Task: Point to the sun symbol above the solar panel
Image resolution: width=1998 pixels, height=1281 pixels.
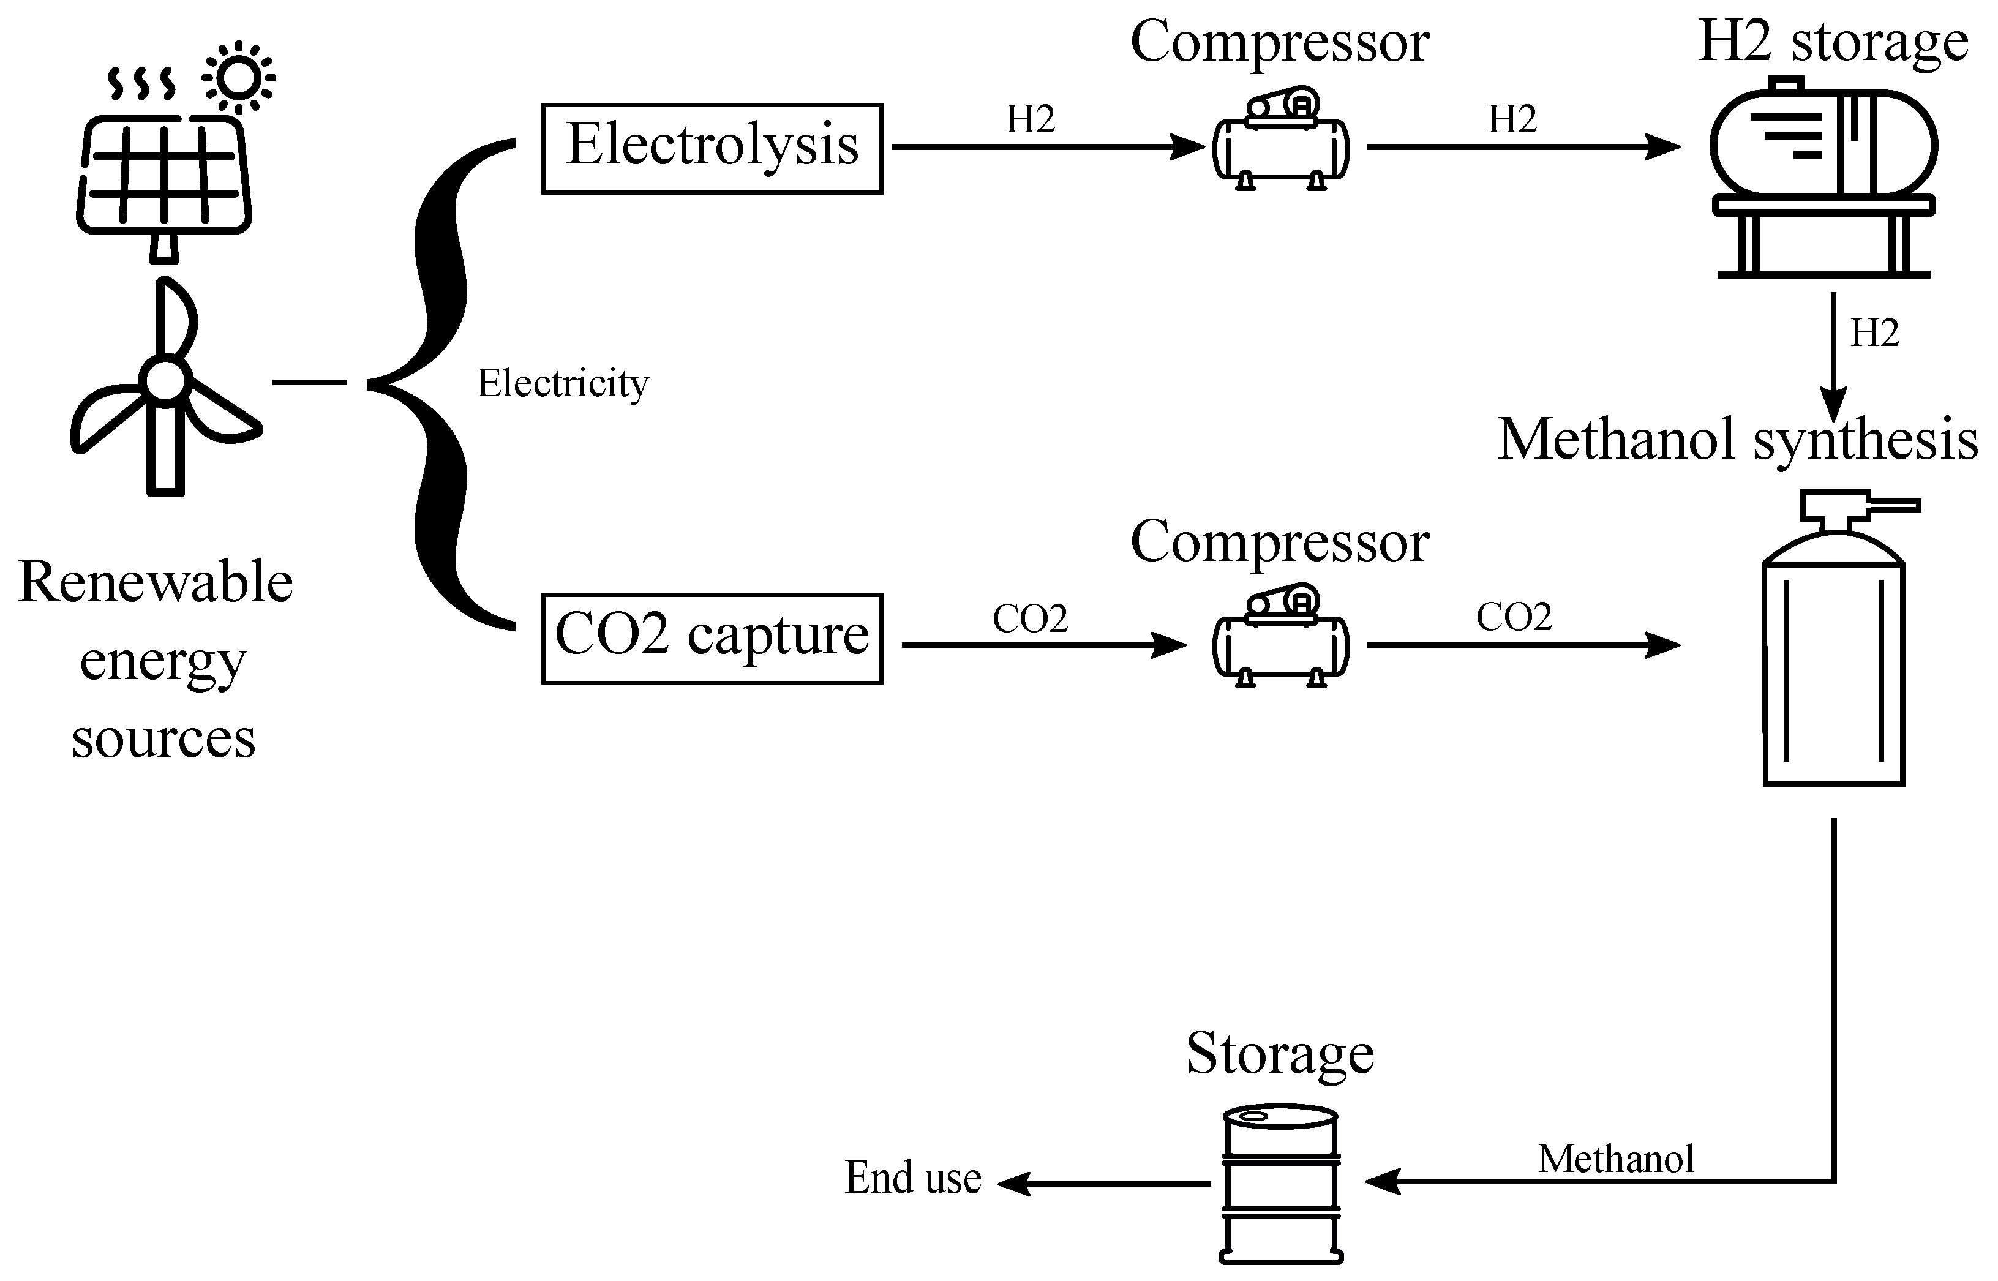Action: pyautogui.click(x=239, y=77)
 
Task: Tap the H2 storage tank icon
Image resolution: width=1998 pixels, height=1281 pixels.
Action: pyautogui.click(x=1823, y=176)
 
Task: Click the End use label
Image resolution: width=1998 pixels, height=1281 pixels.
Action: pyautogui.click(x=914, y=1178)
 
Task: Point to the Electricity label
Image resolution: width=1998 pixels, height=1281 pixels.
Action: pyautogui.click(x=562, y=383)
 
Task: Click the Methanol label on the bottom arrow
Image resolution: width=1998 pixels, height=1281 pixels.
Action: pyautogui.click(x=1616, y=1159)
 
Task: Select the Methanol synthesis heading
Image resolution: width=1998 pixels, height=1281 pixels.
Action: pyautogui.click(x=1738, y=441)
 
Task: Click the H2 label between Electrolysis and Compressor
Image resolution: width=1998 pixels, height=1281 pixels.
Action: pyautogui.click(x=1031, y=120)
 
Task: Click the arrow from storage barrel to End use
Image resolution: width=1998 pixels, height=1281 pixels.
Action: pyautogui.click(x=1104, y=1183)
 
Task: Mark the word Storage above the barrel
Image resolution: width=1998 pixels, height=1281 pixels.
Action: pyautogui.click(x=1280, y=1056)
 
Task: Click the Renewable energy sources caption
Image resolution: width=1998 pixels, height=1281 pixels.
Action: pyautogui.click(x=156, y=659)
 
